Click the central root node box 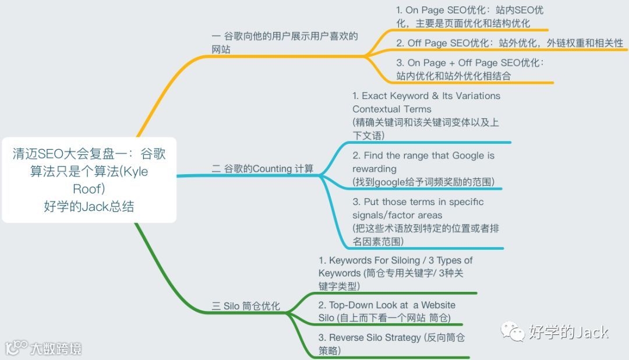point(89,179)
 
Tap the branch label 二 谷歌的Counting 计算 point(262,169)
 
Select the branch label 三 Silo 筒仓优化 point(245,306)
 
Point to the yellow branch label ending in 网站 point(285,43)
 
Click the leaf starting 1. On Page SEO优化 point(469,17)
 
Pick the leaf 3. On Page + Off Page point(469,69)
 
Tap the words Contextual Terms point(391,109)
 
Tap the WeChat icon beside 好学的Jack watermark point(514,332)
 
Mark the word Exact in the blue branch point(375,96)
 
